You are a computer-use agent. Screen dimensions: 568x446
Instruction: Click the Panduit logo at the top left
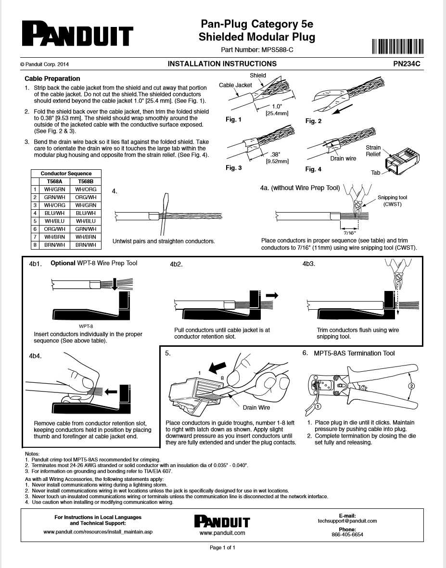coord(76,35)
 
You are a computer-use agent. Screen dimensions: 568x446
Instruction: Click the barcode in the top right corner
coord(397,47)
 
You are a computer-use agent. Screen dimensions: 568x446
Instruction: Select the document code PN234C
coord(408,63)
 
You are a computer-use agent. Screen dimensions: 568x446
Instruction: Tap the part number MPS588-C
coord(277,50)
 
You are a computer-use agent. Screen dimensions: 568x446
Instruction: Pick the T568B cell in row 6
coord(86,229)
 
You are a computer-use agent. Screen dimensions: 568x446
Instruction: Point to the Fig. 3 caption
coord(234,168)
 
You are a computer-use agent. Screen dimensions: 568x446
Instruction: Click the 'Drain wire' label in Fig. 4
coord(343,158)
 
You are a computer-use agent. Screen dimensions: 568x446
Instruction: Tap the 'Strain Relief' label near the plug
coord(373,151)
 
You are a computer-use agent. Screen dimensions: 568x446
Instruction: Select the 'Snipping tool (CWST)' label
coord(392,201)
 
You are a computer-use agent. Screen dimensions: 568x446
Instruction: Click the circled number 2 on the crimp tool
coord(411,386)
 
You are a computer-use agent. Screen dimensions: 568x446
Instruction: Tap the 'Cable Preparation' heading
coord(52,78)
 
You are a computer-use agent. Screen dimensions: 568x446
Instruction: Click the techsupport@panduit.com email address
coord(347,521)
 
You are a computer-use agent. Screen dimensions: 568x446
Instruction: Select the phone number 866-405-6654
coord(347,534)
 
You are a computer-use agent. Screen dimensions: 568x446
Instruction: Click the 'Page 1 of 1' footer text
coord(223,547)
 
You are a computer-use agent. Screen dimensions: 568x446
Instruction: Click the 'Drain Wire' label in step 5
coord(256,407)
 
